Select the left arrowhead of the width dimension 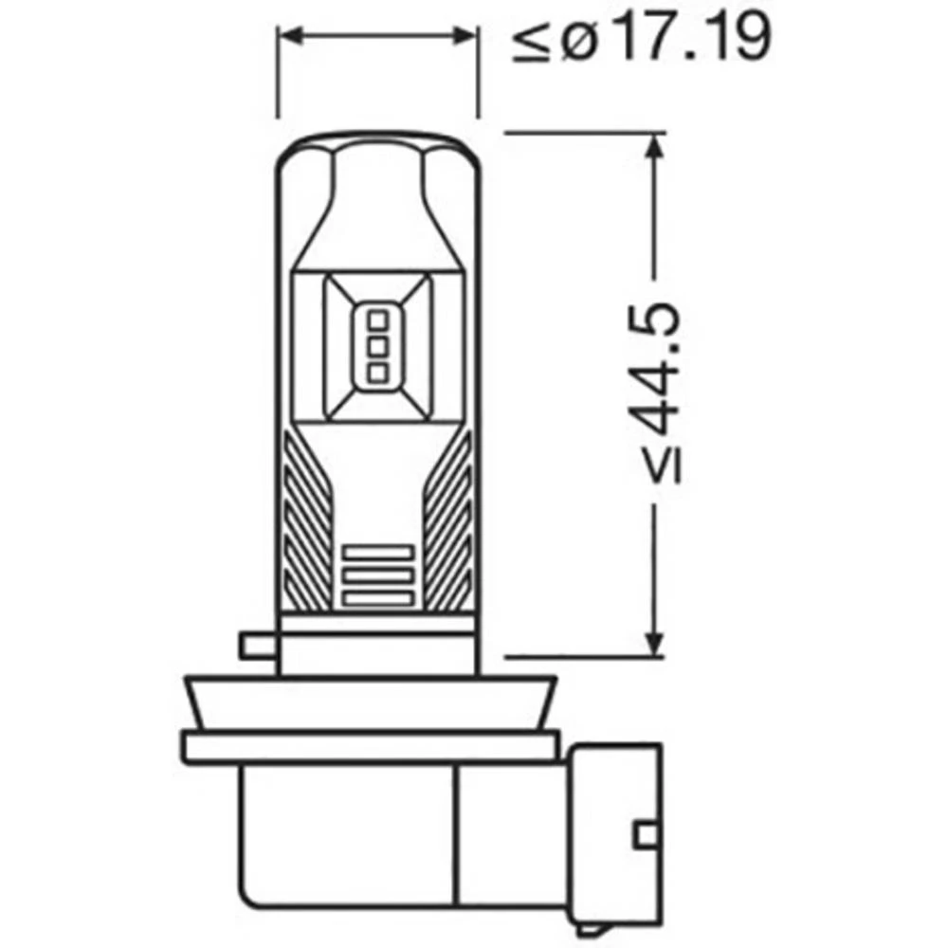pyautogui.click(x=288, y=36)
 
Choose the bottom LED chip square pyautogui.click(x=376, y=371)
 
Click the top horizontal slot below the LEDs pyautogui.click(x=377, y=552)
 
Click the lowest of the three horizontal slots pyautogui.click(x=377, y=598)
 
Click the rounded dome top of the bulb pyautogui.click(x=376, y=147)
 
